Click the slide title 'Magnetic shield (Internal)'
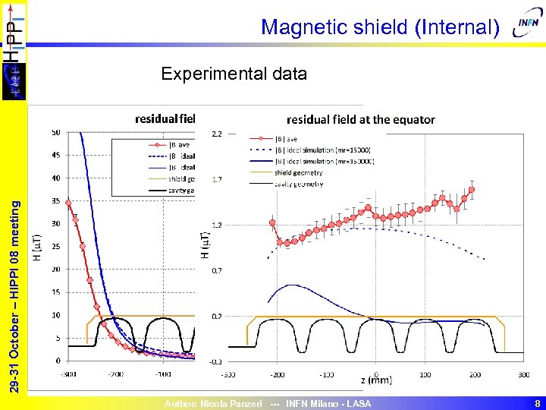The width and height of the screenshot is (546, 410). pos(380,28)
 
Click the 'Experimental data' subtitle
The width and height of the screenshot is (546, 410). pos(234,74)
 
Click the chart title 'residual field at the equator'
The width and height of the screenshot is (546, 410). pos(361,119)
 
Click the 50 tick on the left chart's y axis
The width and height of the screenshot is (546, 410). pos(56,133)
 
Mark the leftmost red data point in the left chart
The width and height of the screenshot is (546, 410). pos(68,203)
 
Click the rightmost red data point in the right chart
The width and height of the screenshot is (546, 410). pos(472,190)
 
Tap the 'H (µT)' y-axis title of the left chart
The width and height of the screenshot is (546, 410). pos(37,247)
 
